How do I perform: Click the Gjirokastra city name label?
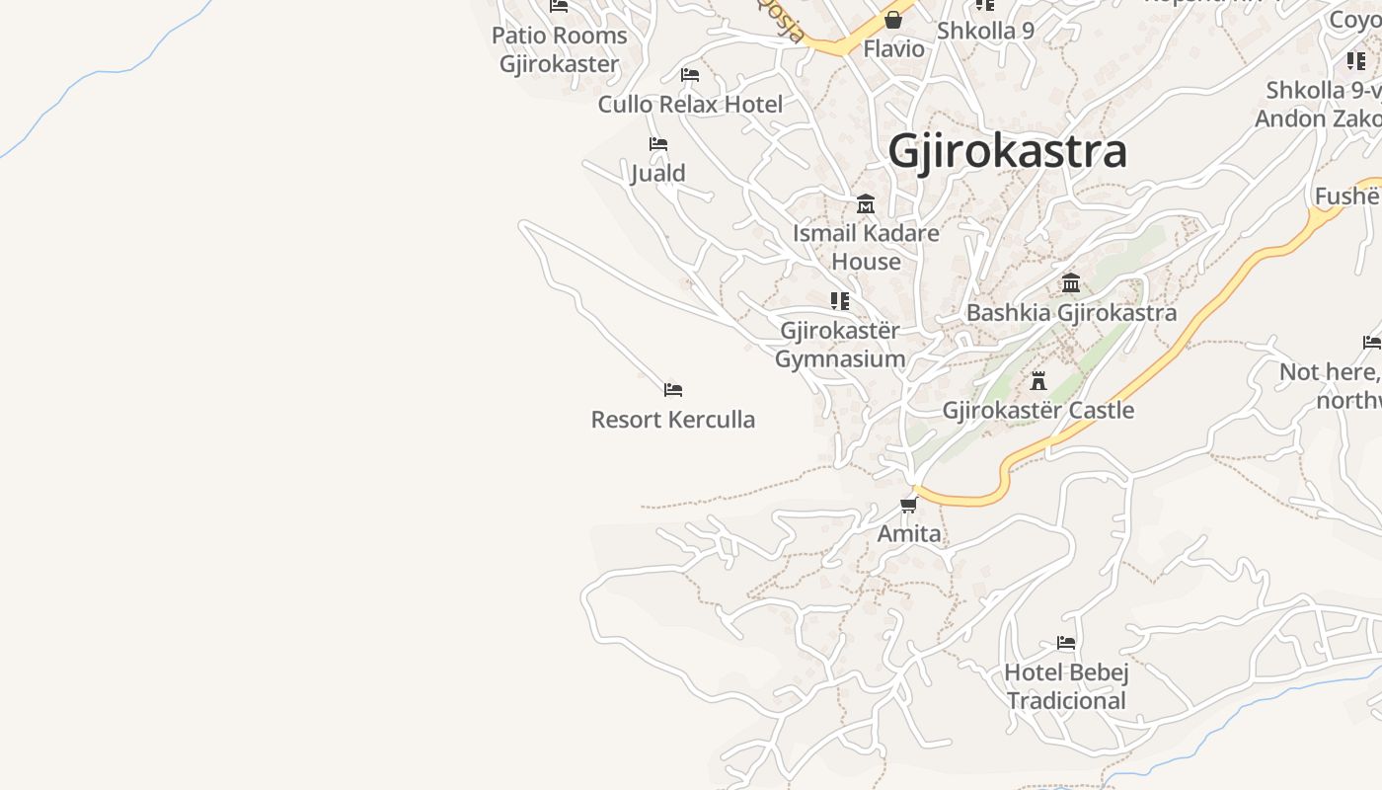1007,151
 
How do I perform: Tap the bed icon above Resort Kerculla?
673,390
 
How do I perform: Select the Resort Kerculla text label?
673,420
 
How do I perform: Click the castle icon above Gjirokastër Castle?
1038,381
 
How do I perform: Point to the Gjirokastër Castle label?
1038,410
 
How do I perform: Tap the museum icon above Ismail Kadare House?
866,204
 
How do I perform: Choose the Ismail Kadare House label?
866,247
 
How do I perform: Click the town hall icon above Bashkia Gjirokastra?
1071,284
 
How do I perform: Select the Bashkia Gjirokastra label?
1071,313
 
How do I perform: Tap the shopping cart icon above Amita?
909,506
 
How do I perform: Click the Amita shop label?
909,534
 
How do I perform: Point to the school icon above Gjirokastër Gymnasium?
840,300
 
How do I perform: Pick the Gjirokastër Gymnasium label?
840,344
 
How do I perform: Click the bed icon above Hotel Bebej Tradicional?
1066,643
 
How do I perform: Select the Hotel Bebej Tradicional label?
1066,686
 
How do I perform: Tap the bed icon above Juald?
658,144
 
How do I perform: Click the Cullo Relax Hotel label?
690,104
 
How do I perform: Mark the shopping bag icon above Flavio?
893,20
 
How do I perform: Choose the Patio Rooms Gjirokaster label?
560,49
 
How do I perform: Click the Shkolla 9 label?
985,31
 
